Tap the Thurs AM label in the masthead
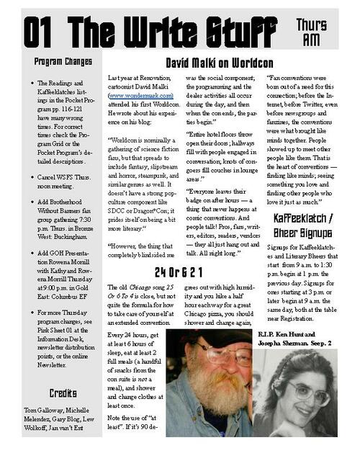click(x=314, y=30)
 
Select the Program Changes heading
click(x=63, y=62)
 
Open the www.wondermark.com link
click(x=141, y=94)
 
